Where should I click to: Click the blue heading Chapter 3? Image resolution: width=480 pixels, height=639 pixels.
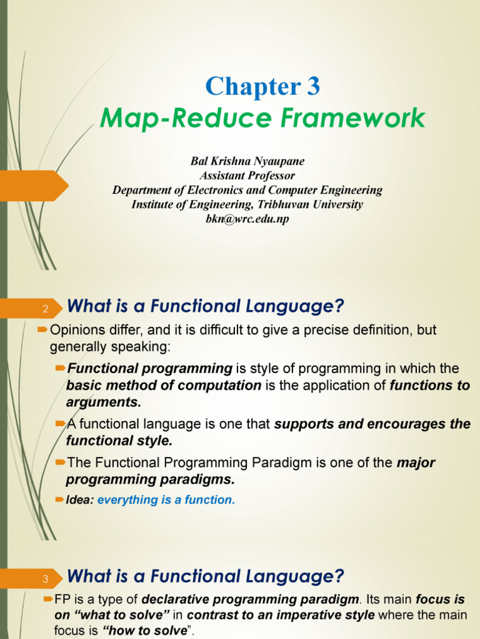click(x=262, y=87)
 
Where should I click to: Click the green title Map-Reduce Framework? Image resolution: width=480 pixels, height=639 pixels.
click(x=262, y=118)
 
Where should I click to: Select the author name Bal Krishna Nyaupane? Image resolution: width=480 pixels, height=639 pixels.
click(x=247, y=162)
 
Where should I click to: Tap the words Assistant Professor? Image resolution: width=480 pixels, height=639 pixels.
click(x=247, y=176)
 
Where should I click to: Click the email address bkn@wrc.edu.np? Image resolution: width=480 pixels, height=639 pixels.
click(x=247, y=219)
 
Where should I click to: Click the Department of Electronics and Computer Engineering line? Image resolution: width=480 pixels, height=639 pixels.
click(x=247, y=190)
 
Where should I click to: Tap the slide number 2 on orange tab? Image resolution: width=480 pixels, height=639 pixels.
click(x=45, y=310)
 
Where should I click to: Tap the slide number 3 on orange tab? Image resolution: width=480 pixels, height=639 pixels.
click(x=45, y=579)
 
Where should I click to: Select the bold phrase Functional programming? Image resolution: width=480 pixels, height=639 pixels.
click(x=149, y=368)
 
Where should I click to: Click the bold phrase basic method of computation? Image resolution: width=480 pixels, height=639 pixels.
click(x=164, y=385)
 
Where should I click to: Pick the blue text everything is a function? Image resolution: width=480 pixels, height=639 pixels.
click(x=166, y=500)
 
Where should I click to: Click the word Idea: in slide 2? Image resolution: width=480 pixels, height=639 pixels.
click(x=80, y=500)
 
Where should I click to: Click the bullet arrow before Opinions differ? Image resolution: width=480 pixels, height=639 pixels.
click(x=42, y=329)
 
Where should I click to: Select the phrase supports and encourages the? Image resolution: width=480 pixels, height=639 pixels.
click(x=372, y=424)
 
